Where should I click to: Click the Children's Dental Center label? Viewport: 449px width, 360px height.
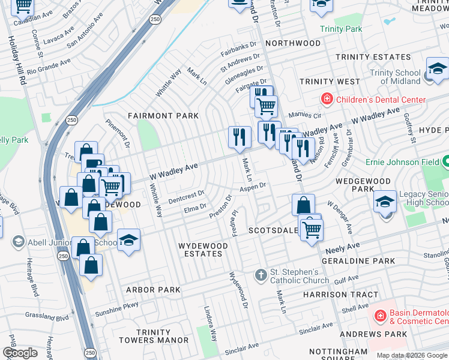click(381, 100)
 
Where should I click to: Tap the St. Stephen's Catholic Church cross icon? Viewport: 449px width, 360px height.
click(261, 275)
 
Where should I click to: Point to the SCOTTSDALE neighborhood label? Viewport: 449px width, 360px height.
click(274, 230)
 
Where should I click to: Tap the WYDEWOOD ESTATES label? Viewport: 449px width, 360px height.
click(203, 250)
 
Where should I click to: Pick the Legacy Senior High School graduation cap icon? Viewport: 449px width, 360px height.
click(385, 202)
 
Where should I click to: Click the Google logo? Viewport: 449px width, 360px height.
click(20, 353)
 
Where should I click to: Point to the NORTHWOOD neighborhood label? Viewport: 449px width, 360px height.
click(293, 43)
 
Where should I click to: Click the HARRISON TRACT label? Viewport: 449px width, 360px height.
click(340, 295)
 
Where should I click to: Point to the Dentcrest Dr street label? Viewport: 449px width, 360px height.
click(186, 197)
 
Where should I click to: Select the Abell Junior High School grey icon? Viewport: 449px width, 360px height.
click(17, 241)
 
